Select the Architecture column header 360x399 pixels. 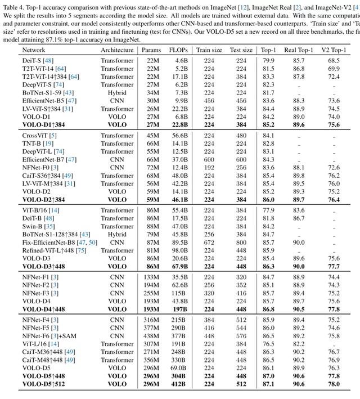tap(117, 50)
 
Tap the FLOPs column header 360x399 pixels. tap(178, 50)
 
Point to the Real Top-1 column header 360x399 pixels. tap(299, 50)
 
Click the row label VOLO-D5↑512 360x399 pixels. tap(45, 384)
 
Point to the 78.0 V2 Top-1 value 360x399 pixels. tap(334, 384)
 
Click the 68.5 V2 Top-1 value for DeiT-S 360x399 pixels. tap(334, 60)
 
